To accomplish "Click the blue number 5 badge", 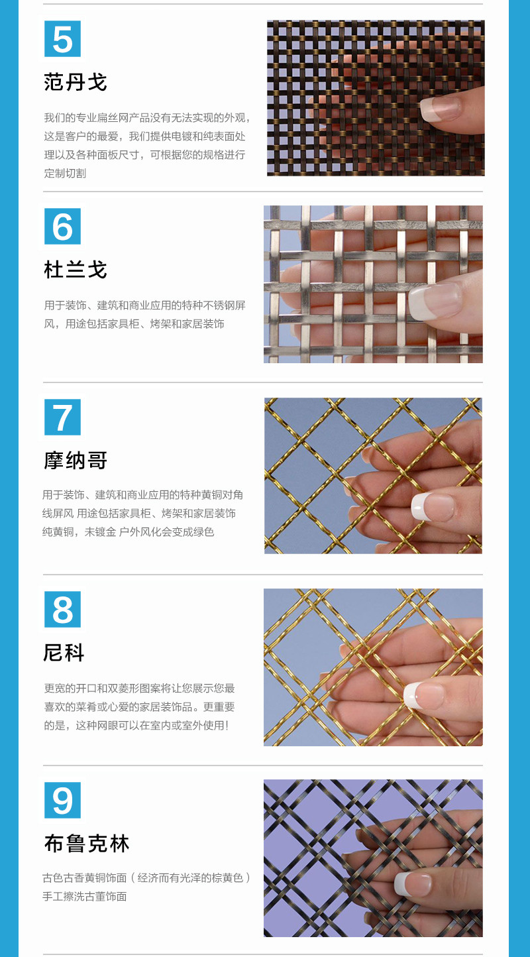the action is point(62,39).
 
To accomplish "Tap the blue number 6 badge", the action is point(62,227).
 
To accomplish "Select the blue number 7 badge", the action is point(62,417).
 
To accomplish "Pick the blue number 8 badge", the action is point(62,609).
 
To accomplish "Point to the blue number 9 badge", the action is point(62,800).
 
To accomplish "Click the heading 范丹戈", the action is point(75,82).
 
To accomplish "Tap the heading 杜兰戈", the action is point(75,270).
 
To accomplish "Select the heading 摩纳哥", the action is point(75,461).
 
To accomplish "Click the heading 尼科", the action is point(64,653).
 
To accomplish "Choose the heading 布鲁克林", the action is point(87,844).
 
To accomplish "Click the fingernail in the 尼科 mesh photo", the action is point(423,695).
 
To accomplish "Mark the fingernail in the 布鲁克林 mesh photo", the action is point(413,883).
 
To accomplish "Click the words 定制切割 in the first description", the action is point(65,173).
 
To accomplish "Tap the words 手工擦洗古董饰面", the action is point(85,896).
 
